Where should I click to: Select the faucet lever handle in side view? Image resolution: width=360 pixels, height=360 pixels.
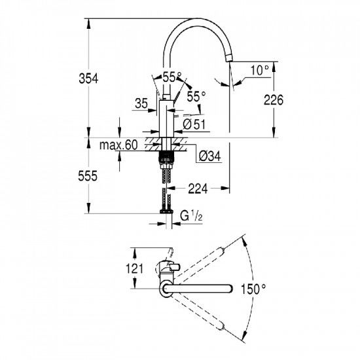(175, 96)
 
